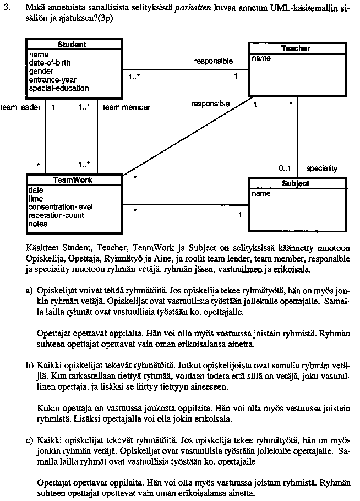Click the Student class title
coord(72,44)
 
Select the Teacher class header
coord(296,48)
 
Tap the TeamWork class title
coord(73,180)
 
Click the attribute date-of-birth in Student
coord(50,63)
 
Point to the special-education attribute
coord(58,88)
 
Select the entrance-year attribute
coord(53,80)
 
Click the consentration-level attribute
coord(61,207)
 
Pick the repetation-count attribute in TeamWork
coord(56,215)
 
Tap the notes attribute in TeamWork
coord(38,224)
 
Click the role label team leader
coord(20,107)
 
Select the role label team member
coord(127,107)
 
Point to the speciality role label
coord(321,168)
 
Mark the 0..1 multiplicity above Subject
coord(285,168)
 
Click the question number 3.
coord(6,9)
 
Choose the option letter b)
coord(29,365)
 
